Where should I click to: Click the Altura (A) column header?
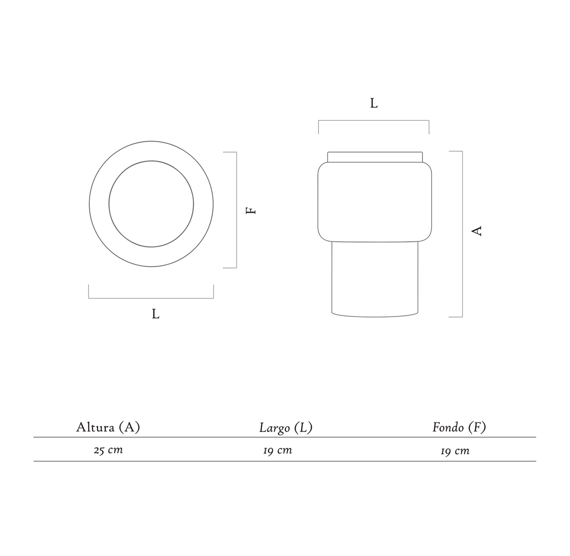coord(108,427)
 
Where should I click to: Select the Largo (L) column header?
coord(286,428)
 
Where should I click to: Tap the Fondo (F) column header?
coord(459,427)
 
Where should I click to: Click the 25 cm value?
coord(108,450)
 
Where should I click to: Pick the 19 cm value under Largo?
coord(277,450)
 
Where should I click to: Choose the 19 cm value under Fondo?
coord(455,451)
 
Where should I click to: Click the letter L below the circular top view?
coord(155,314)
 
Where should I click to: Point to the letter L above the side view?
coord(374,103)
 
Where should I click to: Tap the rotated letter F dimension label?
coord(251,211)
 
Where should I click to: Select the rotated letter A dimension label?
coord(476,230)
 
